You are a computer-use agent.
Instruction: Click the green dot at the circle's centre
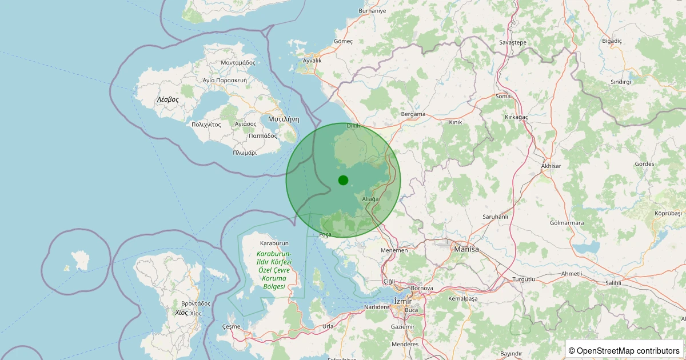[x=343, y=180]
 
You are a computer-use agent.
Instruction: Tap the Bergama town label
[x=413, y=114]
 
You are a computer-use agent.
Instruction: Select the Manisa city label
[x=466, y=249]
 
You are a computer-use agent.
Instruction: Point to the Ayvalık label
[x=312, y=61]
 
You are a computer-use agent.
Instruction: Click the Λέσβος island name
[x=168, y=99]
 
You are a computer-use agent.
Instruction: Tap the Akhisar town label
[x=551, y=166]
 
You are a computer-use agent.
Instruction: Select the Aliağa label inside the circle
[x=370, y=199]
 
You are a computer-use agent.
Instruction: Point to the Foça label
[x=325, y=235]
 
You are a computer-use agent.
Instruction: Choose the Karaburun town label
[x=274, y=243]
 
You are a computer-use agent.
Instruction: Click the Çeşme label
[x=232, y=326]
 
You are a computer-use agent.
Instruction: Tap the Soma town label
[x=503, y=97]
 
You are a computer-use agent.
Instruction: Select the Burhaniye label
[x=372, y=11]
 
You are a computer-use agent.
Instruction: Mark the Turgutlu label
[x=523, y=279]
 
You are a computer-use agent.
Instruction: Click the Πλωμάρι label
[x=245, y=153]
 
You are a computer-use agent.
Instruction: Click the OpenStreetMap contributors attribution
[x=625, y=350]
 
